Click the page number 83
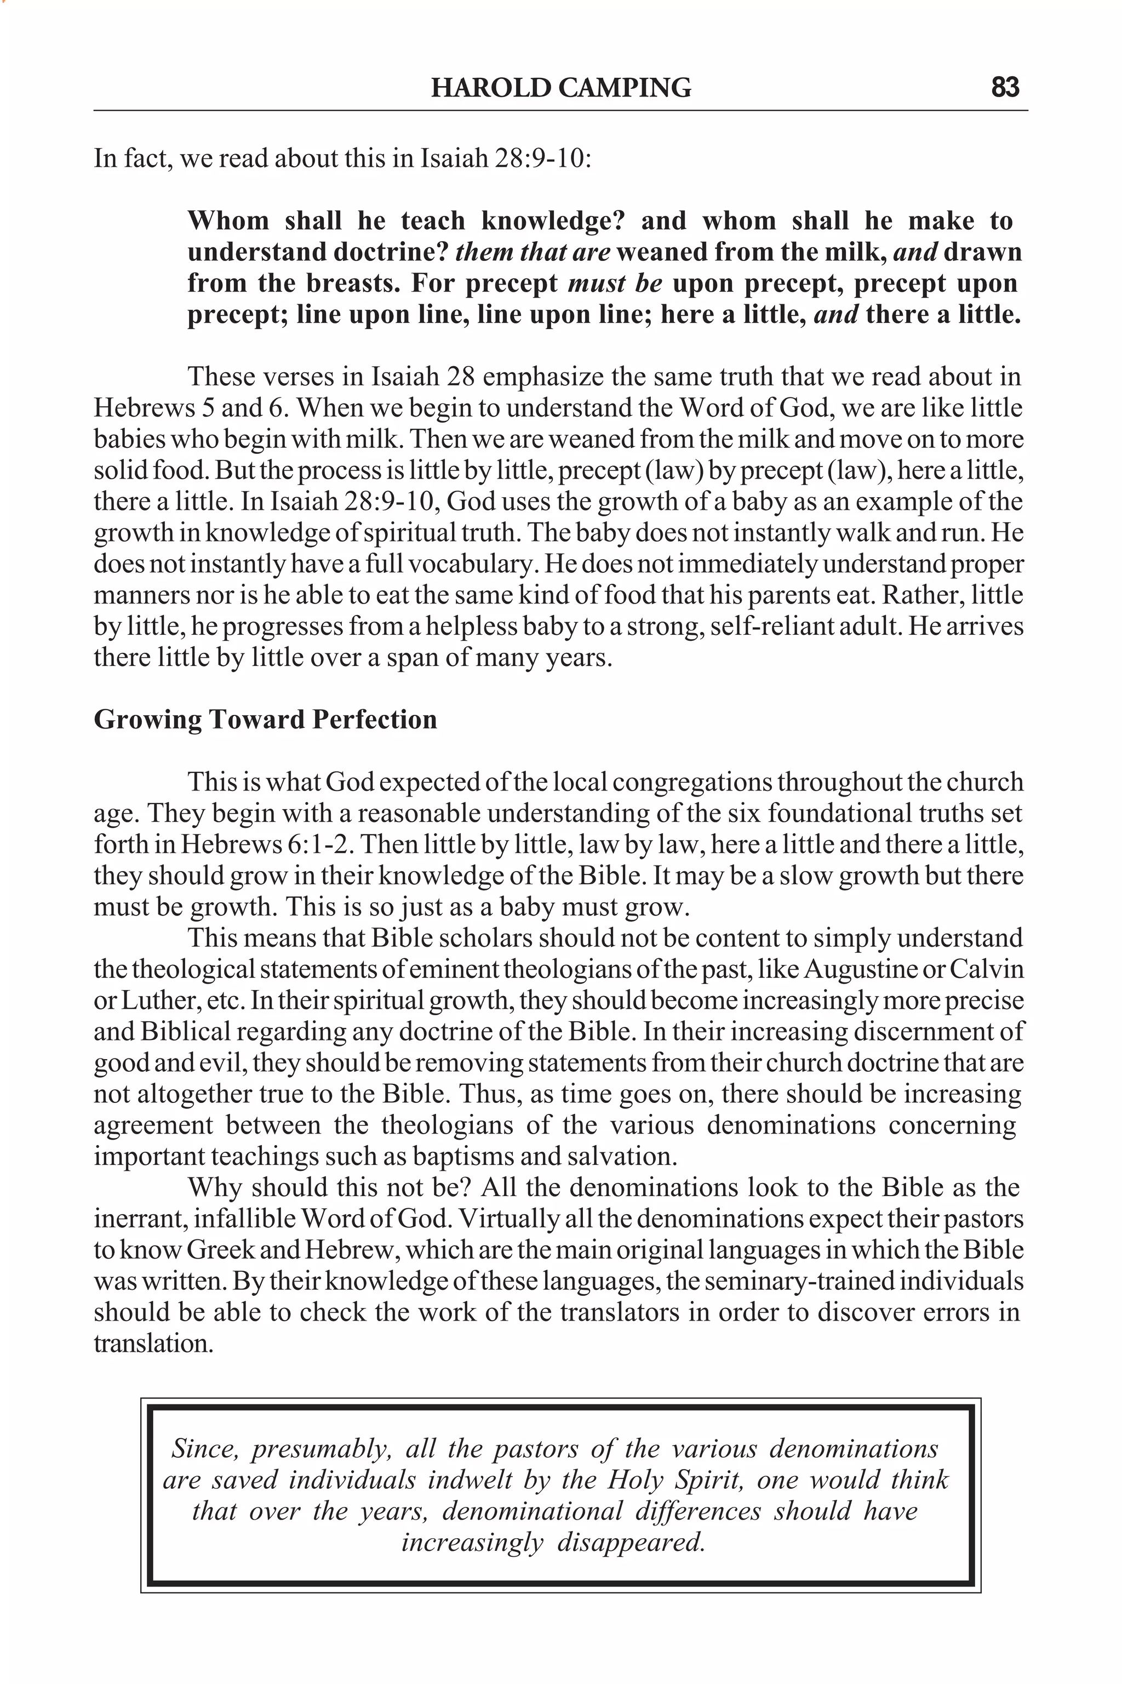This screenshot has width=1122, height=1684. pos(1005,87)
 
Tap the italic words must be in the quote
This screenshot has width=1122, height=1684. pos(615,283)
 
